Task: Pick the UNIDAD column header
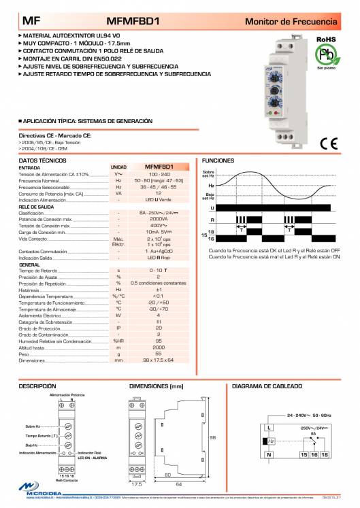(118, 167)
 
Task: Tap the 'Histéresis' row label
(28, 289)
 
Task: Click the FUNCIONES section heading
(218, 160)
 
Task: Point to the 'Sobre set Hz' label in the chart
(208, 174)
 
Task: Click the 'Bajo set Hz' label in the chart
(209, 197)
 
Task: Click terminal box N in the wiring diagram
(269, 454)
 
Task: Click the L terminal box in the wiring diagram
(269, 427)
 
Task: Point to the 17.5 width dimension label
(136, 484)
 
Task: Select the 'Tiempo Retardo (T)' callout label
(40, 435)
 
